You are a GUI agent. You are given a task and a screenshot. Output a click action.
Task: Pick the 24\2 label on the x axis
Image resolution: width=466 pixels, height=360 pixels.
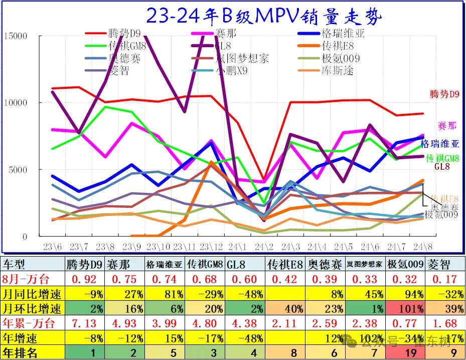click(x=263, y=247)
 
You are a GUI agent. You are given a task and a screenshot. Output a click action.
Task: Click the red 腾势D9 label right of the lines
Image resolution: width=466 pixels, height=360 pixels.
click(x=445, y=94)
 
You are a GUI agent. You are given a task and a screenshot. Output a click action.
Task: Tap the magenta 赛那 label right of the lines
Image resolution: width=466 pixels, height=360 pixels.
click(x=447, y=125)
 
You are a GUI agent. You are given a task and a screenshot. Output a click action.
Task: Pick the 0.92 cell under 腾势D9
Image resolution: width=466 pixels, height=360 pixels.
click(x=84, y=279)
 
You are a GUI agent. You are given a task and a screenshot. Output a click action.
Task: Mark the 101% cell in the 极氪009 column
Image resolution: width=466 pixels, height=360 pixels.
click(x=404, y=308)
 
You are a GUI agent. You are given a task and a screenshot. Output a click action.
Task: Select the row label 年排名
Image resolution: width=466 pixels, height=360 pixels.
click(x=21, y=352)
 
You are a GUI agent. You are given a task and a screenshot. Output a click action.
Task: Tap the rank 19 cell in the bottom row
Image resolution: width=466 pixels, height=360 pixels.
click(x=404, y=352)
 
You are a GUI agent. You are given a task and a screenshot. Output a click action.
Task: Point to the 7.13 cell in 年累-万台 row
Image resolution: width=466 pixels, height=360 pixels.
click(x=84, y=323)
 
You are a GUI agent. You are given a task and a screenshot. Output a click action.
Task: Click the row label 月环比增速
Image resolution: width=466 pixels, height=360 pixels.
click(x=33, y=308)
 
